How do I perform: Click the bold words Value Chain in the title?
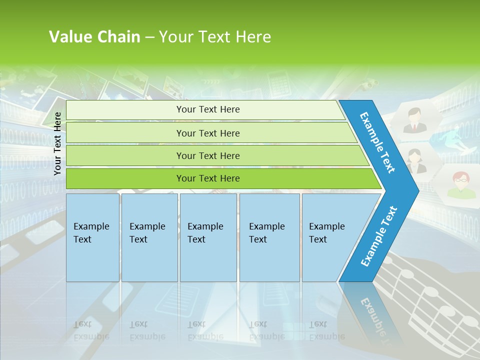(94, 36)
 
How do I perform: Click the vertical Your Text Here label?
(57, 143)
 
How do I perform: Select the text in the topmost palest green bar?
(208, 109)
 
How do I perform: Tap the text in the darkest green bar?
(208, 178)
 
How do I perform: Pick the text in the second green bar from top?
(208, 133)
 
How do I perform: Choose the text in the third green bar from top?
(208, 156)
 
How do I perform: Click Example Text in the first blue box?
(91, 233)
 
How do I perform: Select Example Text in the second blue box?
(147, 233)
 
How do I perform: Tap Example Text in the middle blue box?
(205, 233)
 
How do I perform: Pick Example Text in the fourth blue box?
(266, 233)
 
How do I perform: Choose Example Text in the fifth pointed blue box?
(326, 233)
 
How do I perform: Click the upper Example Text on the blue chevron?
(378, 142)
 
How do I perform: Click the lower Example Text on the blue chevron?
(379, 236)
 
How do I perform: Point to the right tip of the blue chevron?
(417, 190)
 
